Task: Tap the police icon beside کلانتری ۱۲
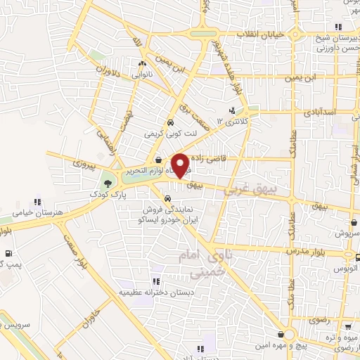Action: pos(231,110)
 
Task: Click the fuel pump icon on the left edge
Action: pos(8,254)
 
